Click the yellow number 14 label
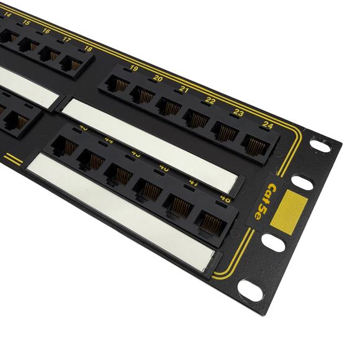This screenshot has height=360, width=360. pyautogui.click(x=7, y=15)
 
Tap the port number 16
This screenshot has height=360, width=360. pyautogui.click(x=46, y=30)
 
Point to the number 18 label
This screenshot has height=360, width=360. pyautogui.click(x=88, y=48)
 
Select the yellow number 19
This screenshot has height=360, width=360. pyautogui.click(x=133, y=68)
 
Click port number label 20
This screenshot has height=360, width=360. pyautogui.click(x=158, y=78)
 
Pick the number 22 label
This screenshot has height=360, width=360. pyautogui.click(x=210, y=100)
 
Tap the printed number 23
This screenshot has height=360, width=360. pyautogui.click(x=238, y=112)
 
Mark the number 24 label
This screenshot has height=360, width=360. pyautogui.click(x=268, y=125)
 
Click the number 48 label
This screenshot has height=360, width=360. pyautogui.click(x=225, y=200)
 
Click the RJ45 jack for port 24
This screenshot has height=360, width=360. pyautogui.click(x=254, y=145)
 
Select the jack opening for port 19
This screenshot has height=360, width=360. pyautogui.click(x=120, y=84)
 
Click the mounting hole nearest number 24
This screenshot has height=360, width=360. pyautogui.click(x=321, y=144)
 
